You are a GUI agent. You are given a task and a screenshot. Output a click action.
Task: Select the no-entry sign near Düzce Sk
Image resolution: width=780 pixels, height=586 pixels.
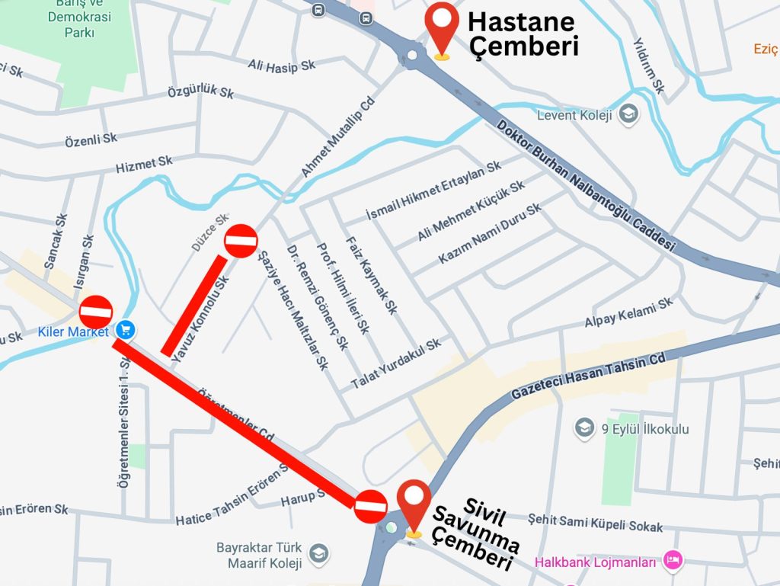[241, 241]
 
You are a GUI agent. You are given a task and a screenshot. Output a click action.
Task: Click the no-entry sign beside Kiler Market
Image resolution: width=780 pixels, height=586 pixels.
[96, 312]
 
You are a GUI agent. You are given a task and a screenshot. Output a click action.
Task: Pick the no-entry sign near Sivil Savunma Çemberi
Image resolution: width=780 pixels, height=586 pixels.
[371, 506]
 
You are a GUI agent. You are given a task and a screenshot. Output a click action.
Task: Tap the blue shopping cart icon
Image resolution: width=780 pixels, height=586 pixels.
[126, 330]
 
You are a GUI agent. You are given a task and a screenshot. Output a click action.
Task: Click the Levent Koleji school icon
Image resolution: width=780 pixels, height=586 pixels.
[628, 115]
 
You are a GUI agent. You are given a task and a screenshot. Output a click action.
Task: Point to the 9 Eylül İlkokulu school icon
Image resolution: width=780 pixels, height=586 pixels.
[584, 428]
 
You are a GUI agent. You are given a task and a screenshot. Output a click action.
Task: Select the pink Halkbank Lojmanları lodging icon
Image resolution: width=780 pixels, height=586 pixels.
[673, 562]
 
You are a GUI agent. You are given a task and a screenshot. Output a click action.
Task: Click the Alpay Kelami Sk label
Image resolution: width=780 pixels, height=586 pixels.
[629, 313]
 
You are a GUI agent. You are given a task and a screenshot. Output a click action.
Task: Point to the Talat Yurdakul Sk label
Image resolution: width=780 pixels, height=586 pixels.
[396, 364]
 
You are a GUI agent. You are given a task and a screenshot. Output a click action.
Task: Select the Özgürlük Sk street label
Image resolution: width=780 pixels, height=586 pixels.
[200, 92]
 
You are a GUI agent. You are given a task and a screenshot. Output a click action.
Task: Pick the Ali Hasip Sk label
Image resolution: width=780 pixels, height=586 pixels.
[281, 66]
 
